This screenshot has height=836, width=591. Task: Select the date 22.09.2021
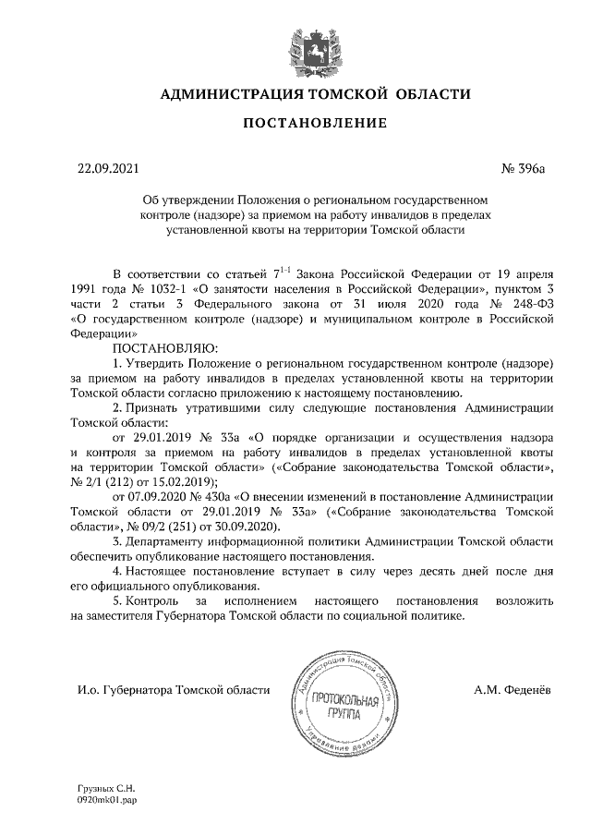107,168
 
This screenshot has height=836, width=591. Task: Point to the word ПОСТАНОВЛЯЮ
163,348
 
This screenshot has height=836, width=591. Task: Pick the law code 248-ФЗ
530,304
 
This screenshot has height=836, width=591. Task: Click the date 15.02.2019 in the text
182,481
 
